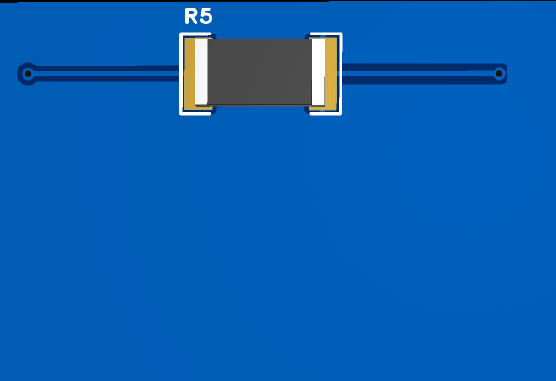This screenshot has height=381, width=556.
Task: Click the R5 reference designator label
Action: point(198,18)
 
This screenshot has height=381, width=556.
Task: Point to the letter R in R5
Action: point(191,18)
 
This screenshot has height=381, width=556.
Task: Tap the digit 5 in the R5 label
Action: point(205,18)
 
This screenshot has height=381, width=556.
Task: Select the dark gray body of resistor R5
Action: point(259,71)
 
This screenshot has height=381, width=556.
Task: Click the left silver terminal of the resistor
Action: point(201,72)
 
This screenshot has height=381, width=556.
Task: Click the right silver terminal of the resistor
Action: point(318,72)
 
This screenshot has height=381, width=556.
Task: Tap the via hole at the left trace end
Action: point(28,74)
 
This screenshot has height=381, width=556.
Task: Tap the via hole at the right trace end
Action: point(499,74)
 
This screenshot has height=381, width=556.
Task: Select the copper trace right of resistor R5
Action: point(419,74)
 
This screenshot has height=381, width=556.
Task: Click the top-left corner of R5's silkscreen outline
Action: point(181,35)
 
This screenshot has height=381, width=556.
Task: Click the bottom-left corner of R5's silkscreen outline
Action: point(181,112)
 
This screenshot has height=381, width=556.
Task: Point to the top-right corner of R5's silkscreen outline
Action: point(340,35)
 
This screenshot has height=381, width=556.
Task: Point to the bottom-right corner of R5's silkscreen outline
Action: point(340,112)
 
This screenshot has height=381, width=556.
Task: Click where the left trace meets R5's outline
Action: point(181,74)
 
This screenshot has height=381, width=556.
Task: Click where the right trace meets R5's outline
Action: point(340,74)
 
